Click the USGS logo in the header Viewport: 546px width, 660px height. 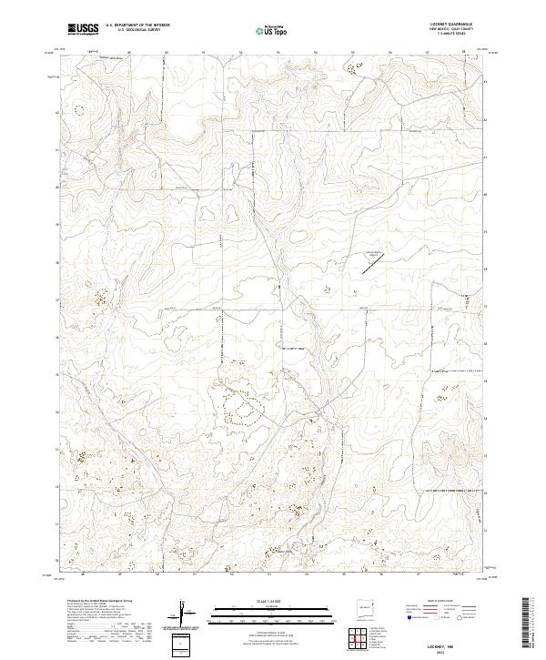pos(83,29)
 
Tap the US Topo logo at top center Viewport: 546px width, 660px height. pos(268,29)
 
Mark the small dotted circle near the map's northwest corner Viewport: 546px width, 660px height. pos(76,111)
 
